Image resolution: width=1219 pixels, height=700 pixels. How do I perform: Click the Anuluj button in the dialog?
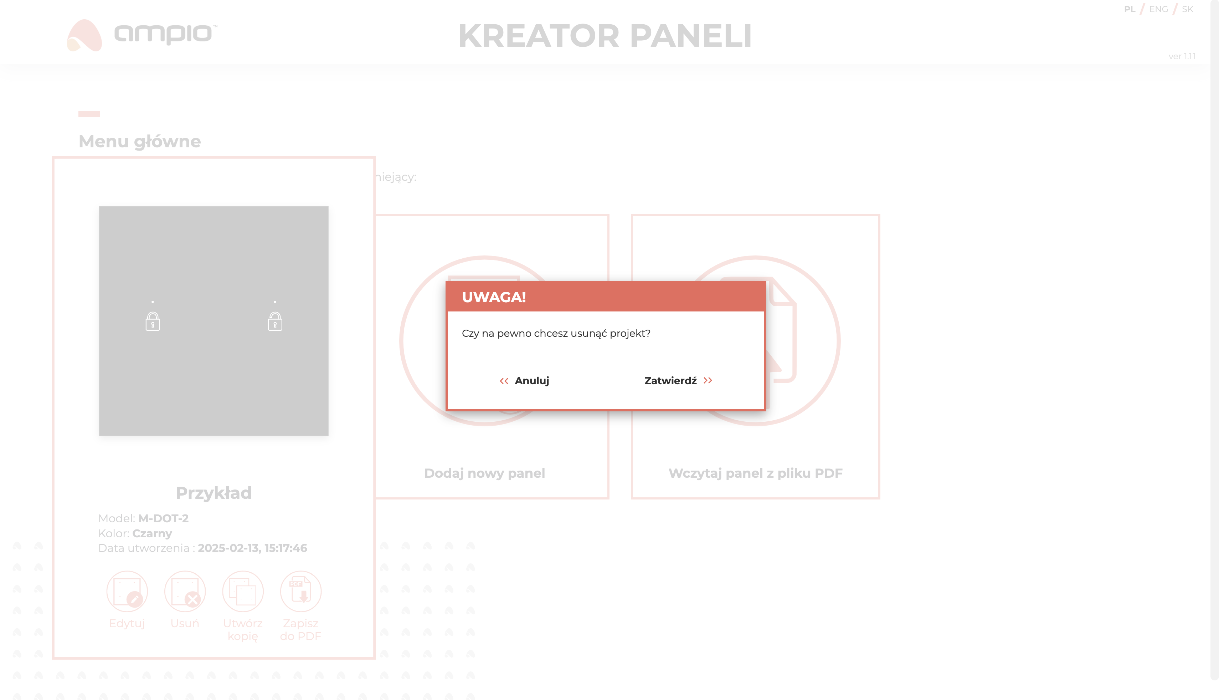[x=524, y=381]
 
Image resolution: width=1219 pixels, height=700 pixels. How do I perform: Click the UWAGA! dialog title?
[x=494, y=297]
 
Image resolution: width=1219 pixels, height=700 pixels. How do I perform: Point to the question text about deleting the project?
[x=556, y=334]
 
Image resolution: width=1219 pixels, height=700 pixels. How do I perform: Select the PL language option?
[x=1130, y=9]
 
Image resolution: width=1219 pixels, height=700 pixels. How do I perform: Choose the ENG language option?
[x=1158, y=9]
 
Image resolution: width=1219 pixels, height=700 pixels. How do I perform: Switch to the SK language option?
[x=1187, y=9]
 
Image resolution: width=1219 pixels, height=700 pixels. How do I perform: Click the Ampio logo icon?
[x=84, y=35]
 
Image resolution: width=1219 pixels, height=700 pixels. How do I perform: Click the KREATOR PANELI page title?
[x=605, y=36]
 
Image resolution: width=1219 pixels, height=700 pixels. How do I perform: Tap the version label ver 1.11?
[x=1182, y=56]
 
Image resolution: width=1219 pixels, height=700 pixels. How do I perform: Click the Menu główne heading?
[x=140, y=141]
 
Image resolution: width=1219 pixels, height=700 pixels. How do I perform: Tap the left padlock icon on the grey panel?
[x=153, y=321]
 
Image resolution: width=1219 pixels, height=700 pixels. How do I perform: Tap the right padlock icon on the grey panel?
[x=275, y=321]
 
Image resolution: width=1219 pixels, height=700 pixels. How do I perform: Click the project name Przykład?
[x=214, y=493]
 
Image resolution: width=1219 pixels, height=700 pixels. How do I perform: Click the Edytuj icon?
[x=127, y=591]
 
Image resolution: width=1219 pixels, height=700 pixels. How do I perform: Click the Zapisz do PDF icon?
[x=301, y=591]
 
